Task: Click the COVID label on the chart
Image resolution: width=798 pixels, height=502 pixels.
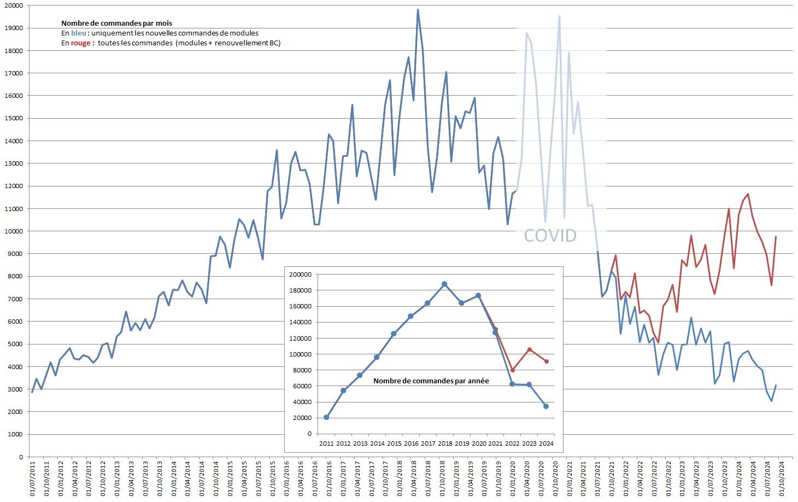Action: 550,236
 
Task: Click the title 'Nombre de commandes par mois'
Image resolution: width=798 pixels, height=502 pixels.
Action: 116,23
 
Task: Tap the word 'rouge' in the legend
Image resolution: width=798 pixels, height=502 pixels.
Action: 80,43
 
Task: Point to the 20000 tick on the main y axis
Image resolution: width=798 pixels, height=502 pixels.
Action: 14,5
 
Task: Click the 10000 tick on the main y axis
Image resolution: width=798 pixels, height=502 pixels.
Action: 14,231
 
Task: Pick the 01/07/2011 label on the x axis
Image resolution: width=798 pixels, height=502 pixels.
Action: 33,479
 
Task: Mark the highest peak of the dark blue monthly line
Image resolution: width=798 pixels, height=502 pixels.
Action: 418,9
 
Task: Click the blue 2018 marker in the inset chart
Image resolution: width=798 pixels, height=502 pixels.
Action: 444,284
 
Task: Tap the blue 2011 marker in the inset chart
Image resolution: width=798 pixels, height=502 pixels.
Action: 326,417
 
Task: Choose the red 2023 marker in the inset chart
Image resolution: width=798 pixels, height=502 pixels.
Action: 529,349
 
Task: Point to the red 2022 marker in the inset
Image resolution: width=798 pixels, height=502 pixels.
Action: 513,370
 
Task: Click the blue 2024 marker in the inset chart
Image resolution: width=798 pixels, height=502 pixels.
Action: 546,406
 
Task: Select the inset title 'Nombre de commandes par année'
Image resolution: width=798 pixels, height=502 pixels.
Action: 431,381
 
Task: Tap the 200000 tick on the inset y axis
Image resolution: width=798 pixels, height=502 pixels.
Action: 302,275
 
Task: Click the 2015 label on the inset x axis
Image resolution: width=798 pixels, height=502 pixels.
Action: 394,443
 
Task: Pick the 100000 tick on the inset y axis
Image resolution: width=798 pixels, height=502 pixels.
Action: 302,354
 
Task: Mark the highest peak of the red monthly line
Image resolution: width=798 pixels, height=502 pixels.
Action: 748,194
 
